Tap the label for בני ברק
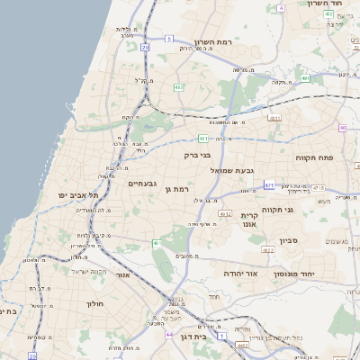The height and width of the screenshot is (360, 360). coord(197,155)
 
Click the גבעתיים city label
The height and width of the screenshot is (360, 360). coord(143,184)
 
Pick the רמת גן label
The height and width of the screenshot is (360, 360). coord(183,189)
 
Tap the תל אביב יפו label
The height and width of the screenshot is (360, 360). coord(75,195)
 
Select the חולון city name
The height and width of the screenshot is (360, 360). coord(95,304)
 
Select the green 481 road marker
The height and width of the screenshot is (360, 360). coord(203,139)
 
